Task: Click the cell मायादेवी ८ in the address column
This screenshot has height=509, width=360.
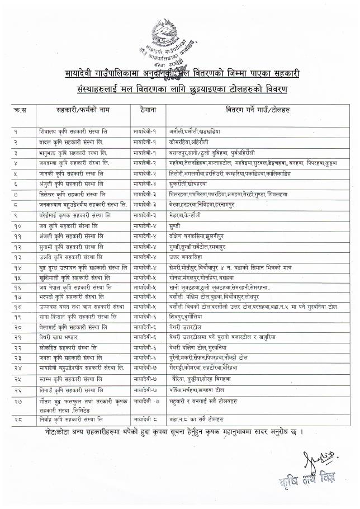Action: pos(146,419)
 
